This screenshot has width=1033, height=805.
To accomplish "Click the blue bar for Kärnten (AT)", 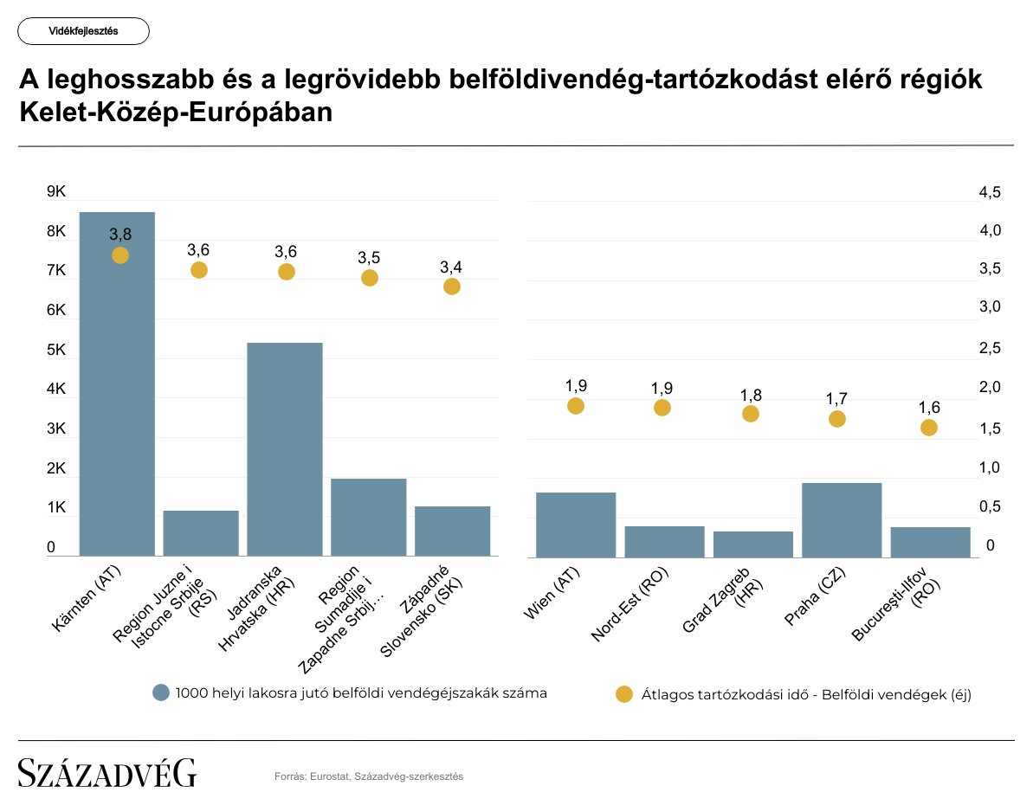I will [x=117, y=390].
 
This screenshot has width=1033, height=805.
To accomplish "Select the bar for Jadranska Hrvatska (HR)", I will [x=285, y=450].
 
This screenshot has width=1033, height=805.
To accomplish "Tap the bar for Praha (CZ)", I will [x=842, y=519].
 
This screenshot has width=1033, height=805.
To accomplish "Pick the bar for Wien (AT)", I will [x=576, y=525].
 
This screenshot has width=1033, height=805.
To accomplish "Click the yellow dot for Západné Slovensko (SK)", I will [x=452, y=287].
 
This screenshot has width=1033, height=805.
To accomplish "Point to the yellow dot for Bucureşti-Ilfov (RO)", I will [x=929, y=428].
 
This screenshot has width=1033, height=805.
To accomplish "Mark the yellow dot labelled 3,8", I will [x=120, y=255].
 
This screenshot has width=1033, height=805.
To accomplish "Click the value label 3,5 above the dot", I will [x=370, y=258].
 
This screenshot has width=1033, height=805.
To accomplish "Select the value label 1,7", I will [x=836, y=399].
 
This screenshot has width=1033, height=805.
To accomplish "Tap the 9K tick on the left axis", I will [x=56, y=192].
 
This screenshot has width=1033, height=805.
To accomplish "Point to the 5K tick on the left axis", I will [x=56, y=351].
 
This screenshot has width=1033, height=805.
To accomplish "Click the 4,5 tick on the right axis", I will [x=990, y=192].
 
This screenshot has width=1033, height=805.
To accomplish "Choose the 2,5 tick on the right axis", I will [x=990, y=348].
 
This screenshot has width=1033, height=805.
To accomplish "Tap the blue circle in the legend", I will [x=160, y=693].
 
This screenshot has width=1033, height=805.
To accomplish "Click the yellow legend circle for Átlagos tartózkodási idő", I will [x=624, y=694].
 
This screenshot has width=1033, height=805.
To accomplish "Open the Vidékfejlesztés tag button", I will [x=84, y=31].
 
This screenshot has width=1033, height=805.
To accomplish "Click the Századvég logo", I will [x=107, y=773].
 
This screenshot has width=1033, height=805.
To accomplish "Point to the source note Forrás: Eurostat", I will [x=368, y=776].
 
